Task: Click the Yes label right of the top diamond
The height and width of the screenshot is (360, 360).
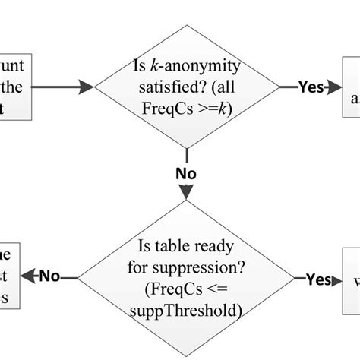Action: [310, 87]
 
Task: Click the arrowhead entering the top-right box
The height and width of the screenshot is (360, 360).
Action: [335, 87]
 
